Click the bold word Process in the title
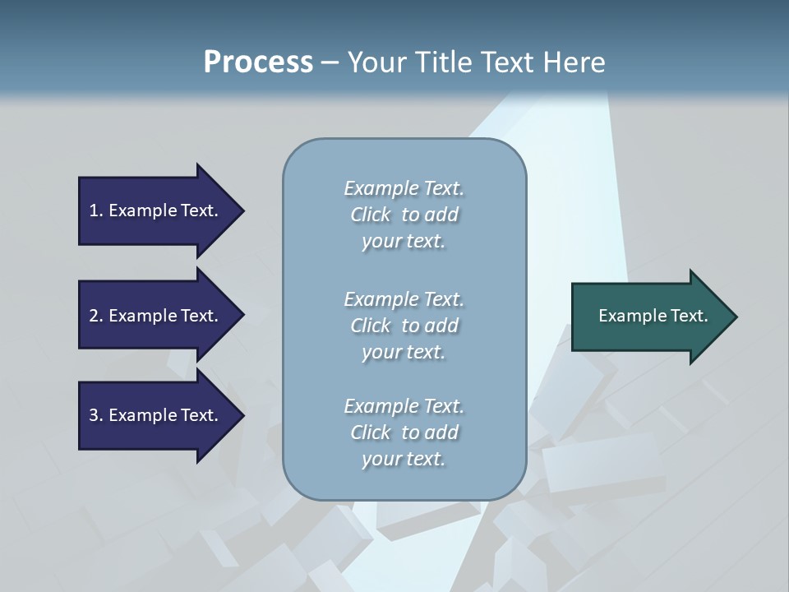pos(258,62)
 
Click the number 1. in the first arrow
pos(95,210)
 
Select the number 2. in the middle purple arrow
pos(95,316)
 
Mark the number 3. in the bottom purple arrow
pos(95,415)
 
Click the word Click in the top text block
pos(371,215)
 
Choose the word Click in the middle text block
pos(371,326)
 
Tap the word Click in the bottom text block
pos(371,432)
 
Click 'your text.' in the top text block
pos(404,242)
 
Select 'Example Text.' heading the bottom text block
pos(404,406)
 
